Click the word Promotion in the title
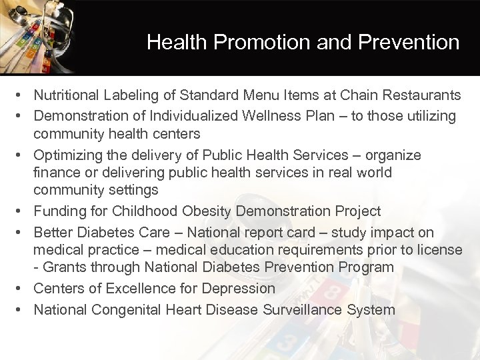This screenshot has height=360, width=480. [x=250, y=43]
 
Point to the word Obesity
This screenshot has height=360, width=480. [x=202, y=211]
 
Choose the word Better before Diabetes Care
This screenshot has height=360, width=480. [x=53, y=233]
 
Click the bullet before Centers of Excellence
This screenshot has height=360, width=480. [x=23, y=289]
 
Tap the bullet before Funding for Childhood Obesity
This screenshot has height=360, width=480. [x=23, y=211]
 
